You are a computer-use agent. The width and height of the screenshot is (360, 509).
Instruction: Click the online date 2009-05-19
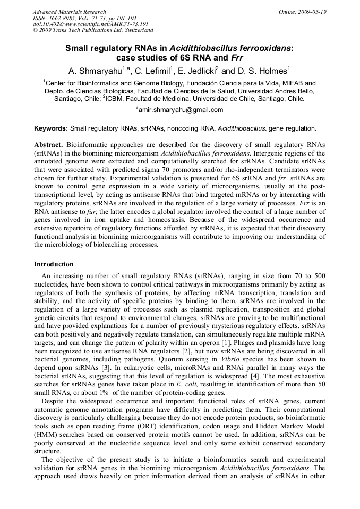313,12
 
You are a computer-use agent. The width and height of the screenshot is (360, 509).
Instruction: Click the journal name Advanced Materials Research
70,12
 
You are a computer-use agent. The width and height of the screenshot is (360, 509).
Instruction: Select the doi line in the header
90,24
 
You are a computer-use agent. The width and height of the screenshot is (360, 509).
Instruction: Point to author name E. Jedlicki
199,71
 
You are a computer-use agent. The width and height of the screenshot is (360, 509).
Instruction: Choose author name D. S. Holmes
263,71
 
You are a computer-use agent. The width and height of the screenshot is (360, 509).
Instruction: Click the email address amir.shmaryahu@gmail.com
181,110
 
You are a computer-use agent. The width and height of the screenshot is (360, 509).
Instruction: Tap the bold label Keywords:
51,128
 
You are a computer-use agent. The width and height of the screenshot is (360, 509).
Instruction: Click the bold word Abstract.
48,145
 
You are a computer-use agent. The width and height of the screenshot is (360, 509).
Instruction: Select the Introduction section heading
54,264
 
